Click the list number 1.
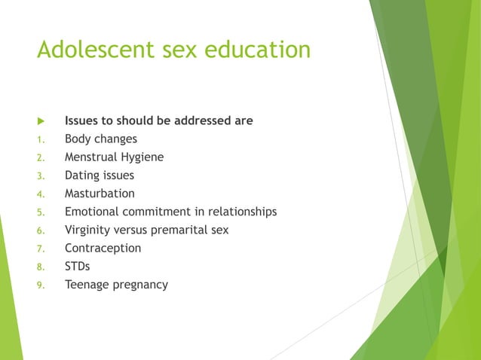coord(41,139)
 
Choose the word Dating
coord(81,175)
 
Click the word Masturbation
coord(100,194)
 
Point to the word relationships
coord(243,212)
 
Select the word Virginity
coord(89,230)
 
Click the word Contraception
coord(103,248)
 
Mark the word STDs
coord(77,266)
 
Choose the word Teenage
coord(87,284)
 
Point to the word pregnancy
coord(140,285)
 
